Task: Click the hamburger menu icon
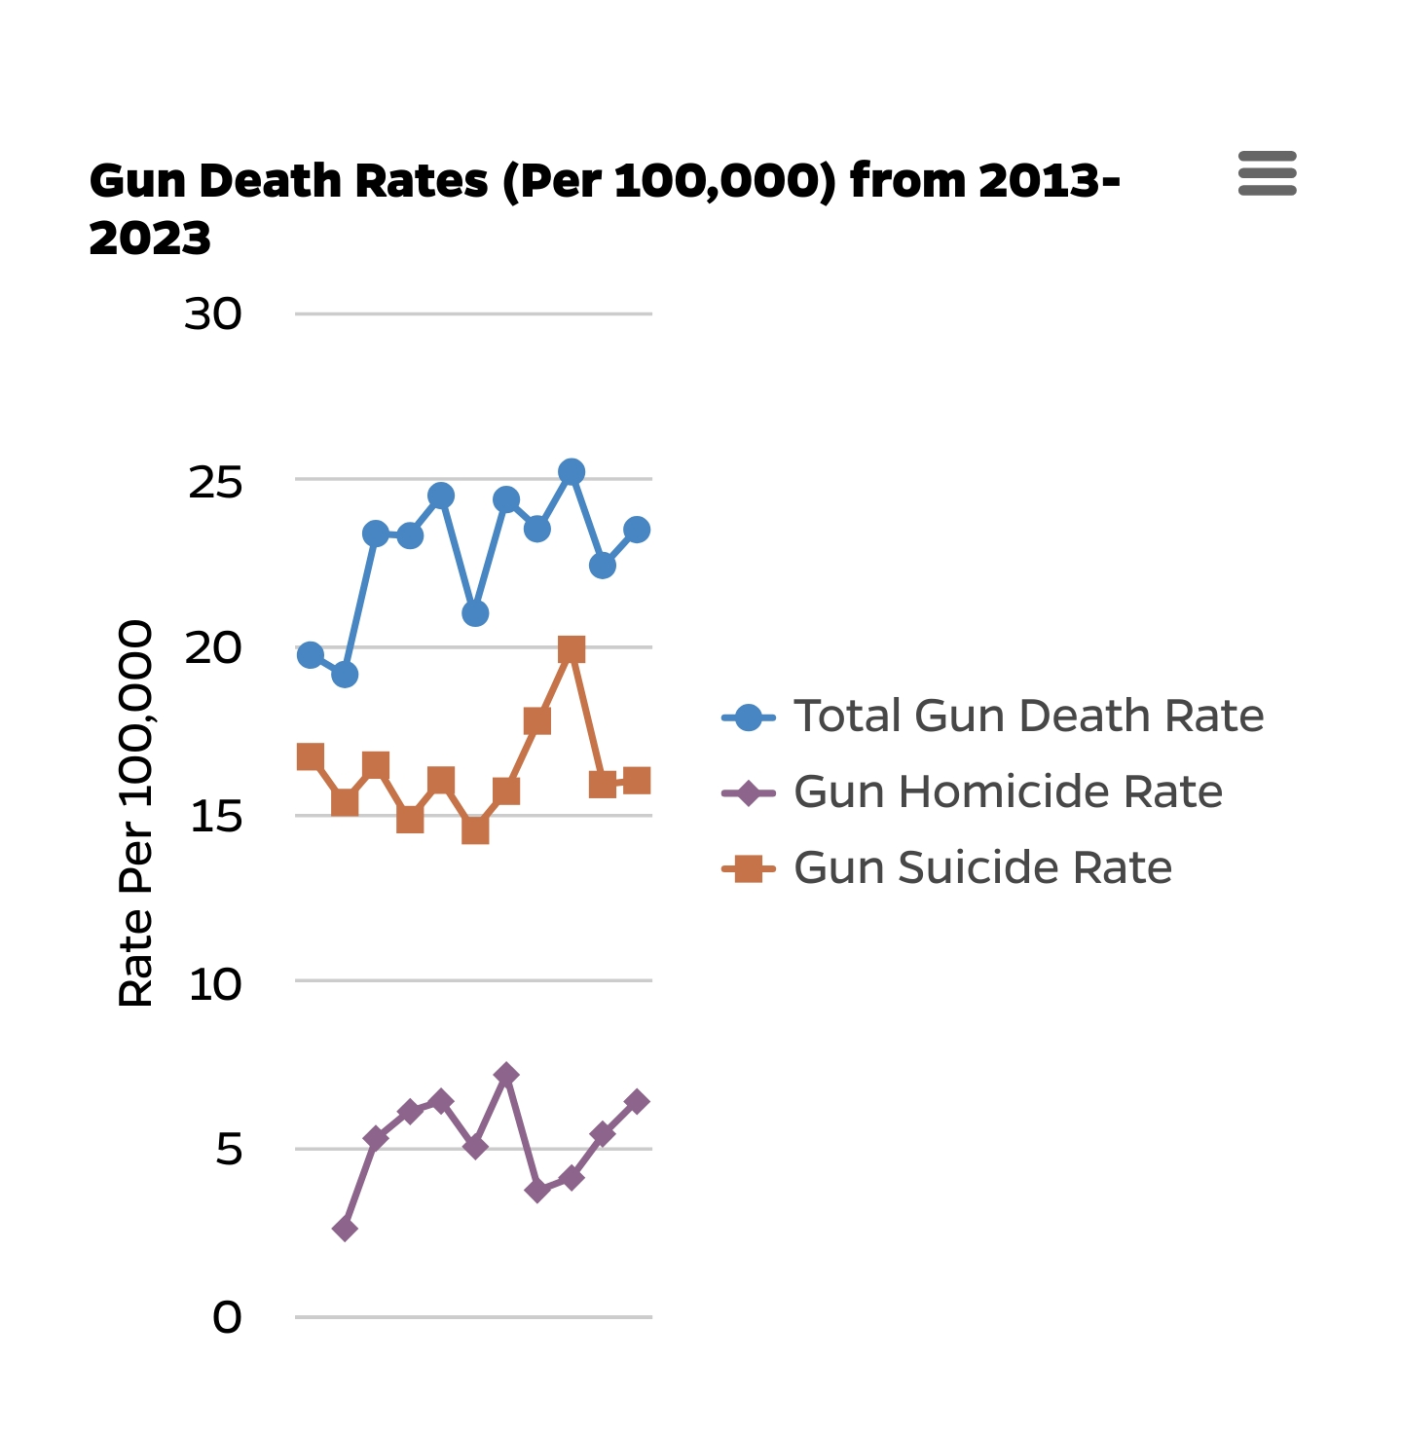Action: pos(1267,173)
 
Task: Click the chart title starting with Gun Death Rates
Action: pos(604,208)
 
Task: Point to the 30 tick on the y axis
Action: pos(213,314)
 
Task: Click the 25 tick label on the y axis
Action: pos(215,483)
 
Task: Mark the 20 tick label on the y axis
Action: pos(213,648)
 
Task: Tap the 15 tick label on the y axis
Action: pos(215,817)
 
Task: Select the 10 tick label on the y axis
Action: pos(215,985)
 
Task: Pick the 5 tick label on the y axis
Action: pos(229,1151)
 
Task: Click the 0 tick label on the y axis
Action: pos(227,1318)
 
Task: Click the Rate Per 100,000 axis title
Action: pos(135,813)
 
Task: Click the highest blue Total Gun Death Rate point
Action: pos(572,472)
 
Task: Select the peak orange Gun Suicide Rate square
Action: pos(572,649)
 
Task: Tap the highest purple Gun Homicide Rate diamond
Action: pos(506,1075)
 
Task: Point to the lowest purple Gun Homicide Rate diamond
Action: pos(345,1229)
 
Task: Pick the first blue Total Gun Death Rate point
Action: pos(311,655)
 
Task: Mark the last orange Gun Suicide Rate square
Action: pos(637,781)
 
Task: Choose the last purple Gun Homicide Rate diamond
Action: pos(637,1102)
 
